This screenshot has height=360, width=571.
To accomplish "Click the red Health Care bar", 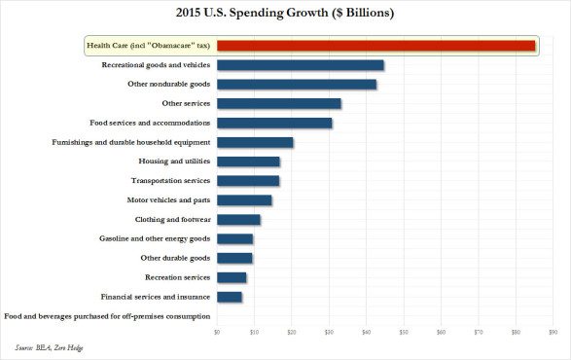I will coord(375,45).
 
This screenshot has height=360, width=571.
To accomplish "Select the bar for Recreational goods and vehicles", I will coord(300,65).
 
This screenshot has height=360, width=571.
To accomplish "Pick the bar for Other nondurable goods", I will coord(296,85).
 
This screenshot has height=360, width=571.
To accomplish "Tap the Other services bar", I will coord(278,103).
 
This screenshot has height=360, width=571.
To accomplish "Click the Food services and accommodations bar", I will coord(274,123).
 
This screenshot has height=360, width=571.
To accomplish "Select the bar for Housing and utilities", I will coord(248,162).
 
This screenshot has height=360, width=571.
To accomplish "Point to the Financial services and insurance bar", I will coord(229,297).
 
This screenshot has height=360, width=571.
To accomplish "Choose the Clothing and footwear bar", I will coord(238,220).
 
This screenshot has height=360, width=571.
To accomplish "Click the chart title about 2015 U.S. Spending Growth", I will coord(285,14).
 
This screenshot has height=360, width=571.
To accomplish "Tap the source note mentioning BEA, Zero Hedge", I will coord(50,346).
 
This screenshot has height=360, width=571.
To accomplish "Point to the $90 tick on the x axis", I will coord(553,333).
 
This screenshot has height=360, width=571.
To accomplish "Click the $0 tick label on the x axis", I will coord(217,333).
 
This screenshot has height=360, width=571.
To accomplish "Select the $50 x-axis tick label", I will coord(404,333).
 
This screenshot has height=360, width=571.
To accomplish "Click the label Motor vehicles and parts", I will coord(166,200).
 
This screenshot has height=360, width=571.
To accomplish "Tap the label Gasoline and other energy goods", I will coord(155,238).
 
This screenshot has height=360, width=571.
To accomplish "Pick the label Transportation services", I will coord(170,181).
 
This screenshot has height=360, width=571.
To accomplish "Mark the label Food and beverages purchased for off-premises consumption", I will coord(107,316).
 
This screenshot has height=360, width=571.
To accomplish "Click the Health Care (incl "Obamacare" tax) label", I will coord(146,46).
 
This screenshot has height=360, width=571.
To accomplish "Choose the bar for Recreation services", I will coord(232,277).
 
